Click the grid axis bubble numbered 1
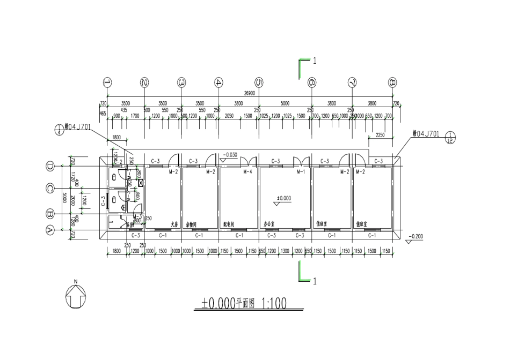pyautogui.click(x=107, y=82)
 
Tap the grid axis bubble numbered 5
pyautogui.click(x=259, y=82)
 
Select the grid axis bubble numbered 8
pyautogui.click(x=393, y=82)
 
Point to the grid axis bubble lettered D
pyautogui.click(x=50, y=167)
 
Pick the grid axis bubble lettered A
pyautogui.click(x=50, y=230)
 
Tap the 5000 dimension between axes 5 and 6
pyautogui.click(x=285, y=103)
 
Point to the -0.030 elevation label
pyautogui.click(x=230, y=155)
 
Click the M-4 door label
pyautogui.click(x=247, y=172)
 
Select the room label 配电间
pyautogui.click(x=229, y=225)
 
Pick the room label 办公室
pyautogui.click(x=269, y=225)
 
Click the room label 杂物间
pyautogui.click(x=191, y=225)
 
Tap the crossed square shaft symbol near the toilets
pyautogui.click(x=141, y=183)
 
